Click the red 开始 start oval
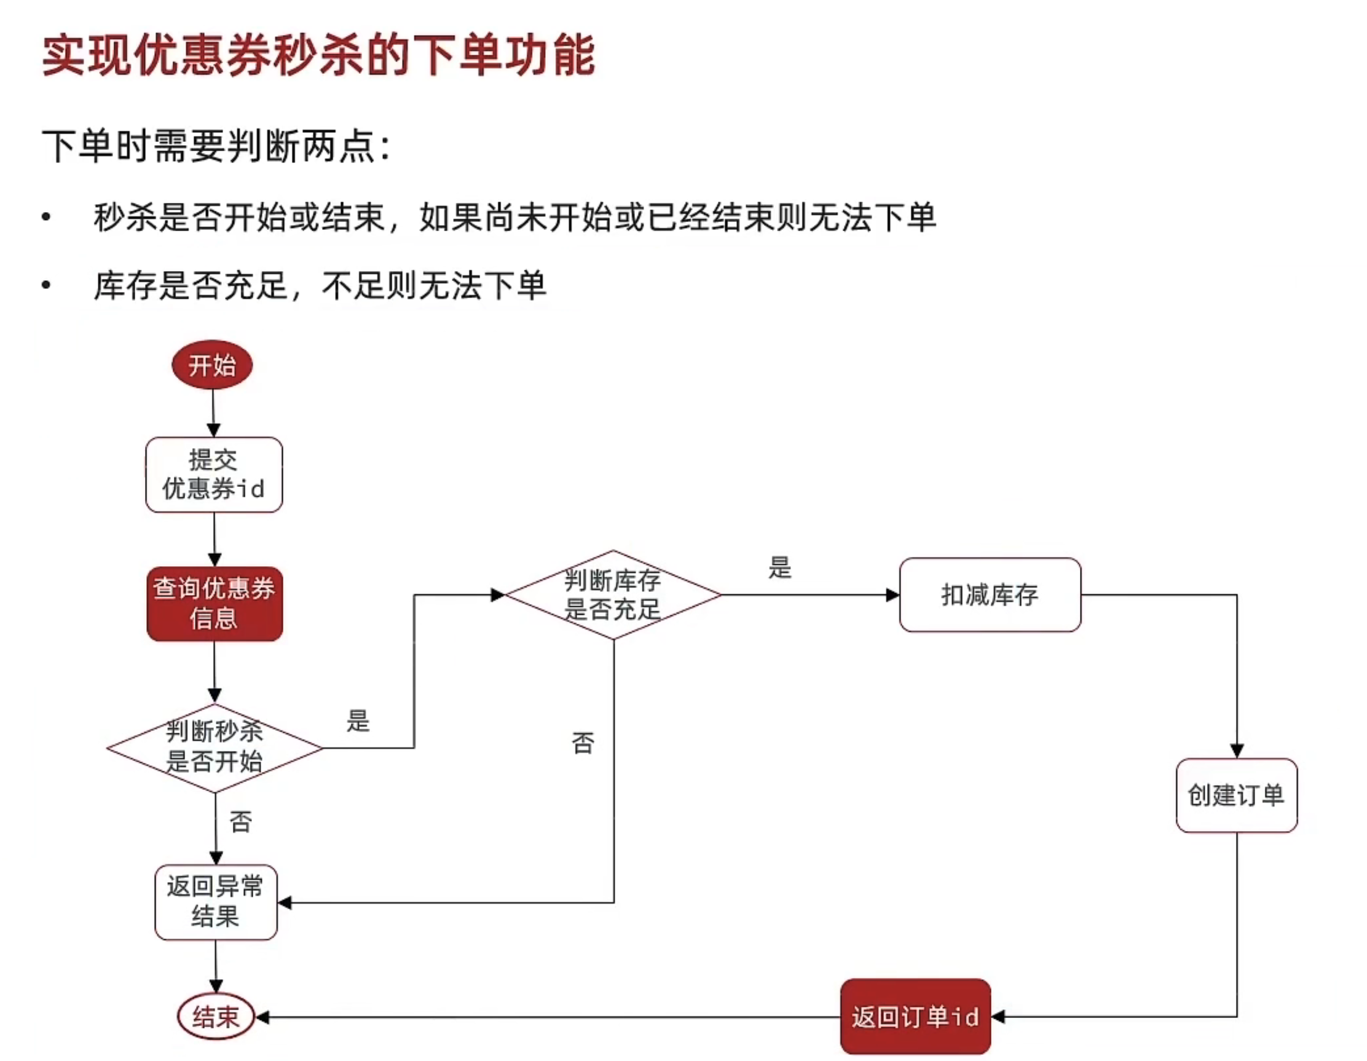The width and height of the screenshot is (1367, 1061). click(212, 365)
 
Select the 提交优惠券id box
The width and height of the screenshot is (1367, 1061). click(214, 475)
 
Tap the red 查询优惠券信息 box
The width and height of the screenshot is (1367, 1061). click(215, 604)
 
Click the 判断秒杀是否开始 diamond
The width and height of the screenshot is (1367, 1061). click(215, 747)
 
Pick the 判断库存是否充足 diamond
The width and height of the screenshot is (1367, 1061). click(613, 594)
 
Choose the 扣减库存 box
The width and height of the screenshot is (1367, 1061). click(990, 594)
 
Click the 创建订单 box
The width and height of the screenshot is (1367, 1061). click(1236, 795)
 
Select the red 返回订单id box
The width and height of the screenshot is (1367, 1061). click(915, 1017)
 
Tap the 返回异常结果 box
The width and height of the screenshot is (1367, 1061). click(216, 902)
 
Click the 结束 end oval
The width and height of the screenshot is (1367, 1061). click(216, 1017)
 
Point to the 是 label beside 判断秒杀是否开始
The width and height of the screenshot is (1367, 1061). click(358, 720)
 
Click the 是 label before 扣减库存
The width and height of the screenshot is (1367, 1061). click(780, 568)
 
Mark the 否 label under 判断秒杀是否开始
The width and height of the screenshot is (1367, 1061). click(241, 821)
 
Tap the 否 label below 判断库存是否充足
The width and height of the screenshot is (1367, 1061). click(583, 743)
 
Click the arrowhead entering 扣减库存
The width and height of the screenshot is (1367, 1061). click(892, 594)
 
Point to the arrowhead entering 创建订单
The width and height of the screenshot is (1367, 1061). click(1237, 751)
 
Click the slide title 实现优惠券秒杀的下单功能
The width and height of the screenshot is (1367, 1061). click(318, 57)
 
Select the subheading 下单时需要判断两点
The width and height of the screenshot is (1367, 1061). click(216, 146)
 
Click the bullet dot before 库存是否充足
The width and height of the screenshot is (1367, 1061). click(45, 285)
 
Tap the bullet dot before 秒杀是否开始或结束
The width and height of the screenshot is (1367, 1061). click(45, 217)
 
